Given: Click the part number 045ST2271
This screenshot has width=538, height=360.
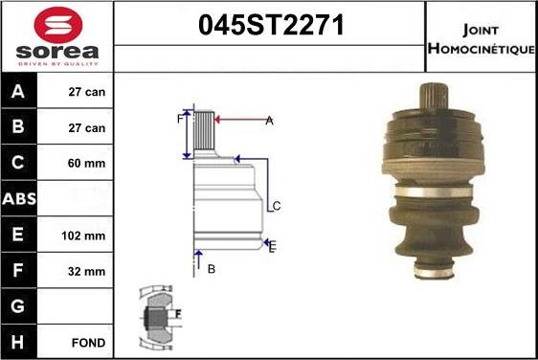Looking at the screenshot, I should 269,27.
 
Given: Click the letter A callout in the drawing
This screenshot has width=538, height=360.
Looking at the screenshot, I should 269,121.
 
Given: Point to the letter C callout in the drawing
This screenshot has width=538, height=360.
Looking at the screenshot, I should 276,206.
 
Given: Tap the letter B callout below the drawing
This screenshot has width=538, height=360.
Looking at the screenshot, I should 212,269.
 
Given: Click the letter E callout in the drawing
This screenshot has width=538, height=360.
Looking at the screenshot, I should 273,246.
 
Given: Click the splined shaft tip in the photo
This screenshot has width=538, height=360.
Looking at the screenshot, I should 436,96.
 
